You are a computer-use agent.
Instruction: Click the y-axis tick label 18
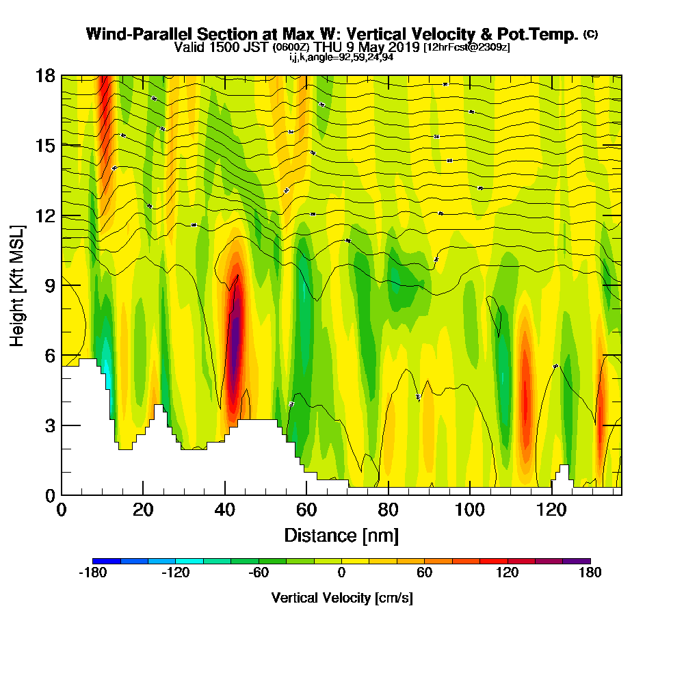click(x=46, y=76)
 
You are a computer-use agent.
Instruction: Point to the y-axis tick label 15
click(x=46, y=146)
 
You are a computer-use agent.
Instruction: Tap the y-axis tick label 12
click(x=46, y=215)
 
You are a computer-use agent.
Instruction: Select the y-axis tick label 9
click(x=50, y=285)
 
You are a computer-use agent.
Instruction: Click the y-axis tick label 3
click(x=50, y=425)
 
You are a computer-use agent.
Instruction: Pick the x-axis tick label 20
click(x=143, y=510)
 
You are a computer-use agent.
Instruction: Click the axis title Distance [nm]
click(x=341, y=534)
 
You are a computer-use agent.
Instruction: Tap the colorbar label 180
click(x=590, y=573)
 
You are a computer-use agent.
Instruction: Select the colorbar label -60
click(x=258, y=573)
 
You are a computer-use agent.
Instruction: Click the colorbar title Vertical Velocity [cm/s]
click(x=341, y=598)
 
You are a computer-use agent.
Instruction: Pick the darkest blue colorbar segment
click(x=106, y=561)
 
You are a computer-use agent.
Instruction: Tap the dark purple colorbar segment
click(x=576, y=561)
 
